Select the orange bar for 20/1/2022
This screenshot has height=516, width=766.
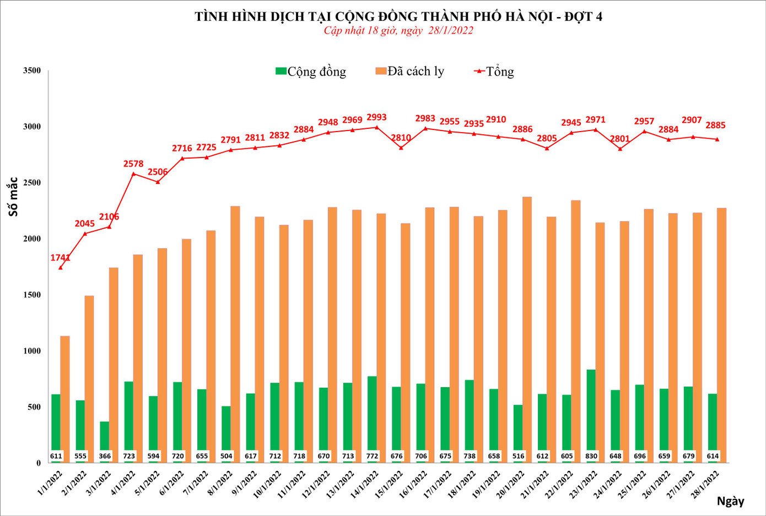pos(527,330)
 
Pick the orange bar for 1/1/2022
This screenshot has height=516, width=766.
pos(65,399)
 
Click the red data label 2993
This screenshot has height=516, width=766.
pos(376,117)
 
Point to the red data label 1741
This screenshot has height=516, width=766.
pos(60,258)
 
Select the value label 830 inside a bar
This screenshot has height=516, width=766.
pos(591,456)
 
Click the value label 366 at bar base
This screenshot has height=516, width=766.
pos(105,456)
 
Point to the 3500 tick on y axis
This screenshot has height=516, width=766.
pos(32,70)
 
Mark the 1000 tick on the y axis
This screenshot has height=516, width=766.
pos(32,351)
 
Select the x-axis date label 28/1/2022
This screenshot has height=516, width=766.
pos(705,485)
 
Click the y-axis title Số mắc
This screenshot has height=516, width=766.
pos(13,197)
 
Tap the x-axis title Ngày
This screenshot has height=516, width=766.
pos(730,501)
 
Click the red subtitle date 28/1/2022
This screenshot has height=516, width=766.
pos(450,30)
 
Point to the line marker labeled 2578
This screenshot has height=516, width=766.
pos(133,174)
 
